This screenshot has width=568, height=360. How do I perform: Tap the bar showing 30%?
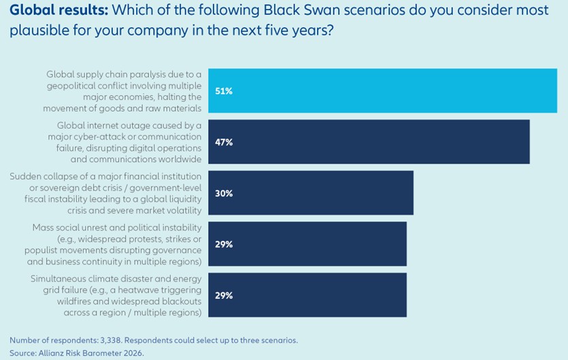311,193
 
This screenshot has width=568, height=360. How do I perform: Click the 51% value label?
224,91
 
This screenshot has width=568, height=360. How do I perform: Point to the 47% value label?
224,142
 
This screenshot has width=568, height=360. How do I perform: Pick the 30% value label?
224,193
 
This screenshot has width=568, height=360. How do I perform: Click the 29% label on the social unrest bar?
224,244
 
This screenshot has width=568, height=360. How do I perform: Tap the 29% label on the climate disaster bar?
224,295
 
